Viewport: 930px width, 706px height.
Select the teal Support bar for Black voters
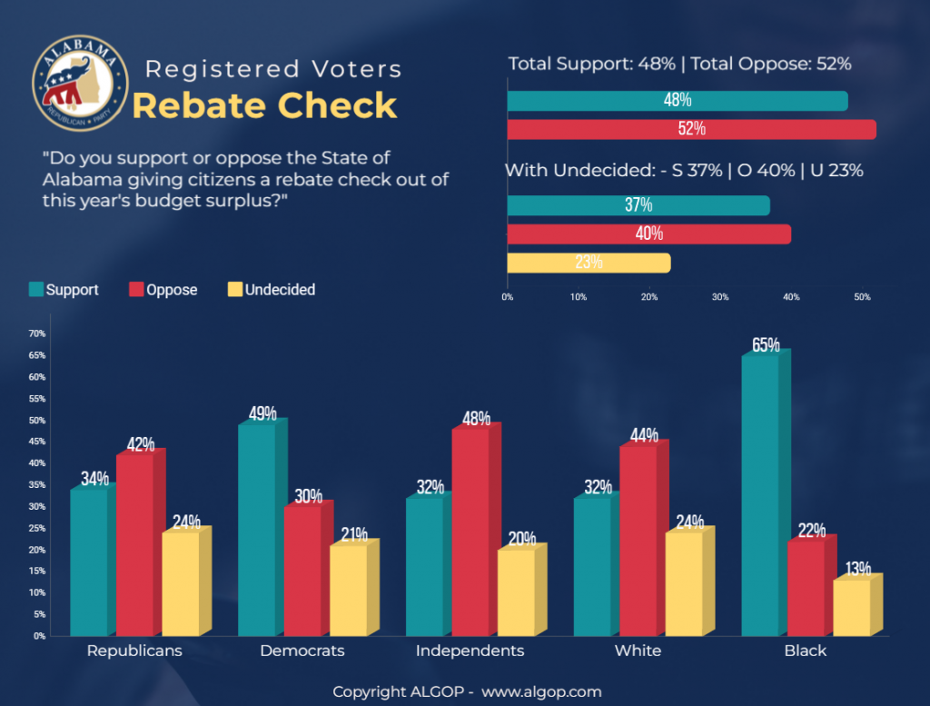[759, 495]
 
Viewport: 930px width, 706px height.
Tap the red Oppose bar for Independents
[470, 532]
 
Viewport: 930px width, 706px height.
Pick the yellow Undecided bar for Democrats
[348, 590]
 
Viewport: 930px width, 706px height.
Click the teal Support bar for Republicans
[89, 562]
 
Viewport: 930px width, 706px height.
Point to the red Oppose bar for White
[638, 541]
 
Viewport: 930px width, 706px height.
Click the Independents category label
[470, 651]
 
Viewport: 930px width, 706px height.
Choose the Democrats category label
[302, 651]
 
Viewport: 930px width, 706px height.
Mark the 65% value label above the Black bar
[766, 345]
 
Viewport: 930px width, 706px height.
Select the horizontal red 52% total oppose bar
[691, 129]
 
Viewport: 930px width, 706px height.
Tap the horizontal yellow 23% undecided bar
[589, 263]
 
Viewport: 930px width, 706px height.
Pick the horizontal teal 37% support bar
[638, 205]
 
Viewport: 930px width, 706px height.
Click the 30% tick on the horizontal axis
[720, 297]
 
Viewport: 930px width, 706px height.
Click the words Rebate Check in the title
[265, 105]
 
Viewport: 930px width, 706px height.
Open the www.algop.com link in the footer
[541, 692]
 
